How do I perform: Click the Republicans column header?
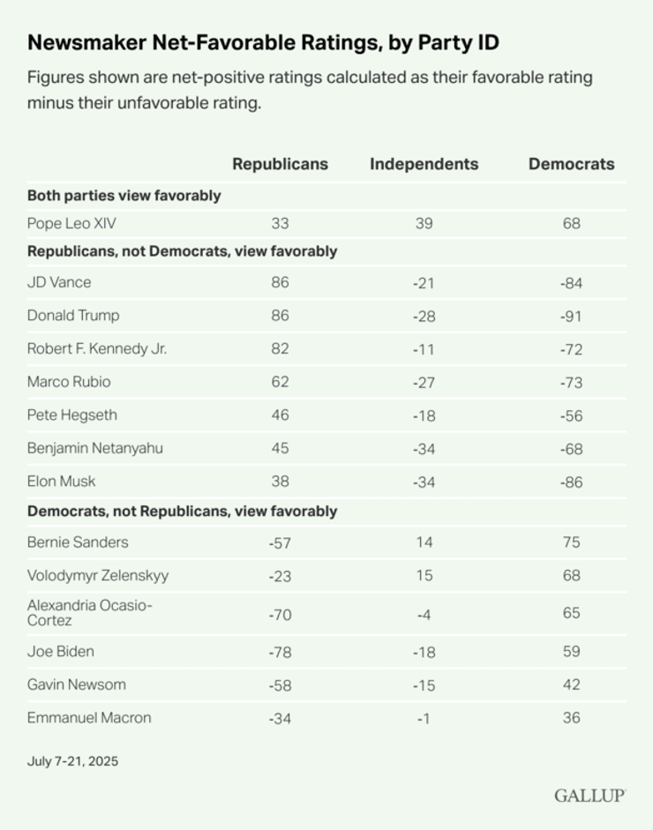point(280,164)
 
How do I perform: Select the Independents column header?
point(424,164)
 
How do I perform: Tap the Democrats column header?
point(571,164)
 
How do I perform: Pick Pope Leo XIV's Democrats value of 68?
point(571,224)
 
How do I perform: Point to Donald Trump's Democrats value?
point(571,316)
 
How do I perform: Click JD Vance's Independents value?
point(424,283)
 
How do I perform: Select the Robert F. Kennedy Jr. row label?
point(97,348)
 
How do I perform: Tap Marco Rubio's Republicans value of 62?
point(280,382)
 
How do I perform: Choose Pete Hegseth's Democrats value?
point(571,415)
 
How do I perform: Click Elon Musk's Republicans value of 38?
point(280,482)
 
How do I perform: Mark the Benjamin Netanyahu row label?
point(95,448)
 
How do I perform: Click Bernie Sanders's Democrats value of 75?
point(571,542)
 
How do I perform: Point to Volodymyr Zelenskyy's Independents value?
point(424,575)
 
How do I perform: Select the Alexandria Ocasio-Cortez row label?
point(89,612)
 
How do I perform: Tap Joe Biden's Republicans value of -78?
point(280,652)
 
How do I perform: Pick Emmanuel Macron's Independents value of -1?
point(424,718)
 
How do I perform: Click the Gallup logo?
point(589,796)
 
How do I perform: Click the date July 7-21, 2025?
point(72,761)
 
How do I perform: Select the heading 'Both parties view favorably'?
point(124,196)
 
